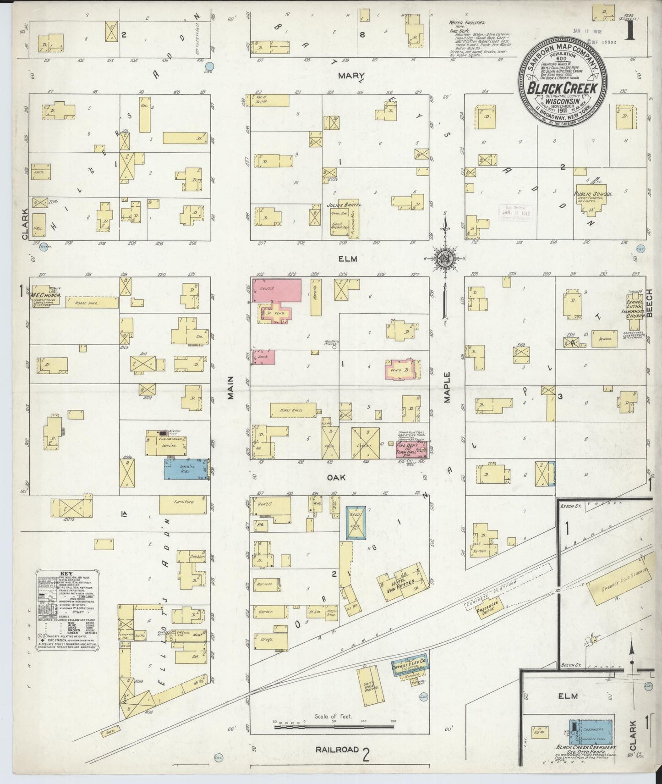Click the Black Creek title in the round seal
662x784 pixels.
coord(563,87)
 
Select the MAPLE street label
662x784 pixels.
coord(447,387)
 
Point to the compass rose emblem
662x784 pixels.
coord(444,258)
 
